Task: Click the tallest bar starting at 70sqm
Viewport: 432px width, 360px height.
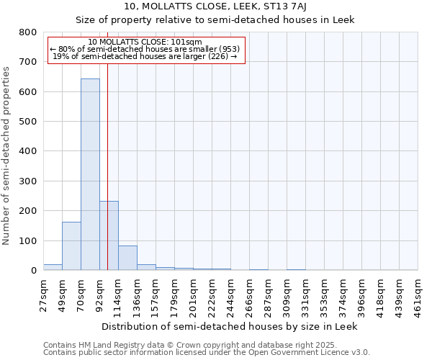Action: tap(90, 174)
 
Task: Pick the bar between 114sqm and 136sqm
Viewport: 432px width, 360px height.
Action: tap(127, 258)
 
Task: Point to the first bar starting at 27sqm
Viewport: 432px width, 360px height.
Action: tap(53, 267)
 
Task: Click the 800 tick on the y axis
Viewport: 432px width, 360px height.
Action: tap(28, 32)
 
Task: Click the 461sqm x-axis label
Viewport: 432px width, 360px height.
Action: tap(418, 295)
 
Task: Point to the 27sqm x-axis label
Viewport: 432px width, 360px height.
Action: tap(44, 295)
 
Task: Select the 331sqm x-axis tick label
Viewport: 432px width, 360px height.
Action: tap(306, 295)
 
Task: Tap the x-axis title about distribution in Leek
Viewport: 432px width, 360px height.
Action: tap(230, 326)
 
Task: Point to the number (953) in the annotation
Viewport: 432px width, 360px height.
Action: tap(225, 49)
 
